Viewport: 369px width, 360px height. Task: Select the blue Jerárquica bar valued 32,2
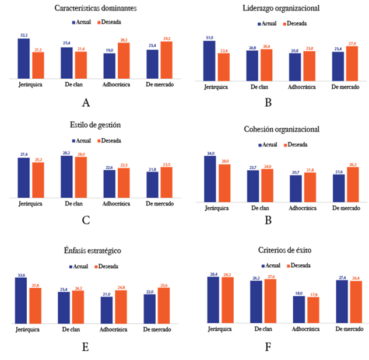pyautogui.click(x=24, y=58)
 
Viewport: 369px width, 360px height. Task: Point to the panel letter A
pyautogui.click(x=86, y=103)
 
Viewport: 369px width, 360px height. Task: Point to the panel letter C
pyautogui.click(x=86, y=221)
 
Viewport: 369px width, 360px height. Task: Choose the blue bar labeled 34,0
pyautogui.click(x=210, y=177)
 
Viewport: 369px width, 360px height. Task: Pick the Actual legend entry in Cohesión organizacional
pyautogui.click(x=266, y=145)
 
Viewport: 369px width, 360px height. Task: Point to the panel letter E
pyautogui.click(x=86, y=348)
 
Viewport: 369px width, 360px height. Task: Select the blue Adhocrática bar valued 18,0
pyautogui.click(x=300, y=309)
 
